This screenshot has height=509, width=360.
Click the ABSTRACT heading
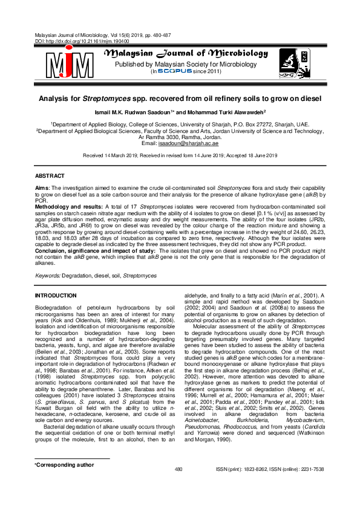(50, 175)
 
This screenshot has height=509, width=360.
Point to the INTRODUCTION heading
(56, 296)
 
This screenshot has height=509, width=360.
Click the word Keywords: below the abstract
(48, 276)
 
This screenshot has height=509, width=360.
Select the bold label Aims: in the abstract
(42, 189)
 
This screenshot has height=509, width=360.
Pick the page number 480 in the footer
(178, 487)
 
